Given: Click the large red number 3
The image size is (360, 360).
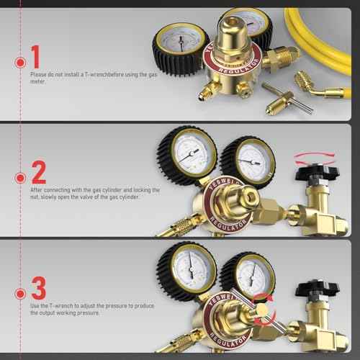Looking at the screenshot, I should click(39, 292).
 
